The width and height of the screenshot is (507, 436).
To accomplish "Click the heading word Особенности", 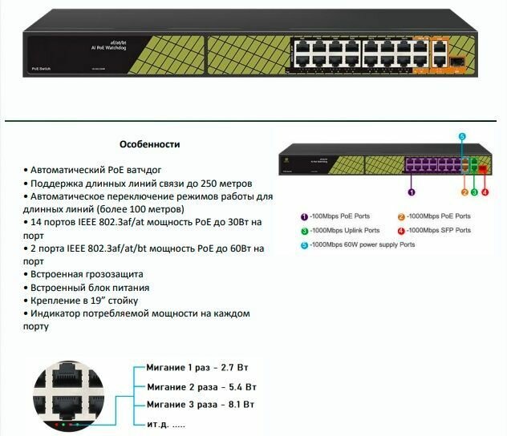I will [149, 145].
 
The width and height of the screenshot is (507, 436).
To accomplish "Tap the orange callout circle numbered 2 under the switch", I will [464, 192].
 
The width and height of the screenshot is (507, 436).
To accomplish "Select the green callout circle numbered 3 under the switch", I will [474, 192].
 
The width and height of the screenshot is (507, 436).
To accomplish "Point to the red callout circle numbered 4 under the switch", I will [485, 192].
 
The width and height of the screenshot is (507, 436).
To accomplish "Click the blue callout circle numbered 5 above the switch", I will [462, 137].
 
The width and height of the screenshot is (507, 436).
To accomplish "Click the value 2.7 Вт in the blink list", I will [233, 368].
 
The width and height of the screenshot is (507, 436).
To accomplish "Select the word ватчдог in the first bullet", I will [143, 170].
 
